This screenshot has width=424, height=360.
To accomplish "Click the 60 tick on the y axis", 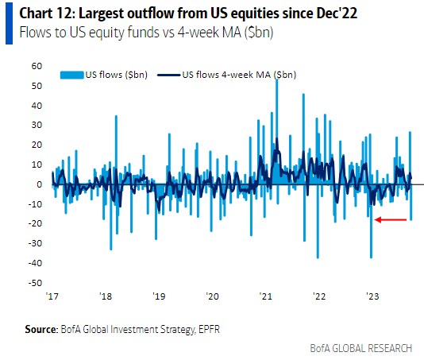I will pyautogui.click(x=36, y=66).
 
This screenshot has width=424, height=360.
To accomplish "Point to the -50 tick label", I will pyautogui.click(x=34, y=282).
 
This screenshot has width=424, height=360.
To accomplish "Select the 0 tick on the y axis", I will pyautogui.click(x=38, y=184).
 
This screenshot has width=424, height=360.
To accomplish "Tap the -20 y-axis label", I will pyautogui.click(x=34, y=223).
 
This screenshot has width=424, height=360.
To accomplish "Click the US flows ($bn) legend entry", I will pyautogui.click(x=115, y=75).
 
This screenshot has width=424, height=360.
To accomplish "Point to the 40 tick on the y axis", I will pyautogui.click(x=36, y=105).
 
